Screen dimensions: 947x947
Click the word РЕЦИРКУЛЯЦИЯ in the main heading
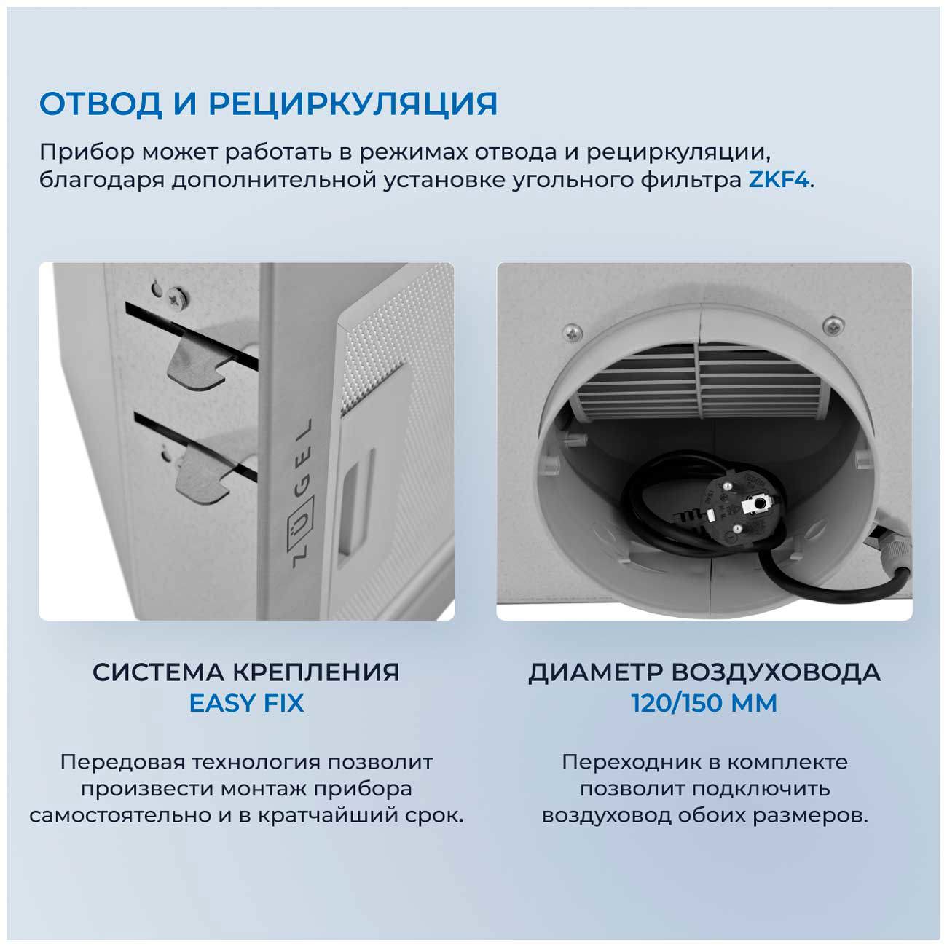[353, 104]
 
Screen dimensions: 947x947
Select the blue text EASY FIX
[246, 704]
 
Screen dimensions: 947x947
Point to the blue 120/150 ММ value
[704, 704]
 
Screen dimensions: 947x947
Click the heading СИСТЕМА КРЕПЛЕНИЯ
[246, 672]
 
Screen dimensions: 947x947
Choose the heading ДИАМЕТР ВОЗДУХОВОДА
[704, 672]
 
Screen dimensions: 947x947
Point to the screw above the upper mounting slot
[175, 296]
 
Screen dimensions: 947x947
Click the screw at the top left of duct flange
[573, 332]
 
